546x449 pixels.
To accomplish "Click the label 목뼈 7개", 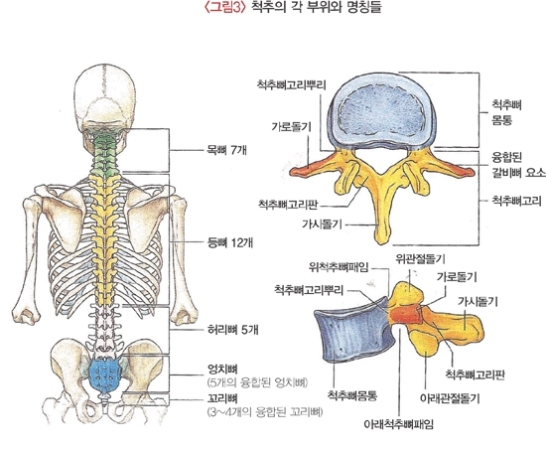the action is point(226,150).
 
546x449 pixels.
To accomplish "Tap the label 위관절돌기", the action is point(420,258).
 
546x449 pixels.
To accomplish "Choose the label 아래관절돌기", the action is point(450,398).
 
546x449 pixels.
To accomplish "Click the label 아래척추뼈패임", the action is point(399,424).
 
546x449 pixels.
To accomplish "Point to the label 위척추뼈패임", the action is point(339,267).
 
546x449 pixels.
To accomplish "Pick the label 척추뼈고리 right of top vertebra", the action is point(516,201).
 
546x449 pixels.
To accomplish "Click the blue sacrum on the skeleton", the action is point(103,374).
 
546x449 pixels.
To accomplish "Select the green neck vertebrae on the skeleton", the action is point(104,153).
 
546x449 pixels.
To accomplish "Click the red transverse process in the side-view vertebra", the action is point(406,314).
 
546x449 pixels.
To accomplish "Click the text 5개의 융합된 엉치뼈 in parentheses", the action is point(258,382).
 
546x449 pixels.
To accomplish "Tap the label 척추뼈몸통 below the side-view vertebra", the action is point(352,395).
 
